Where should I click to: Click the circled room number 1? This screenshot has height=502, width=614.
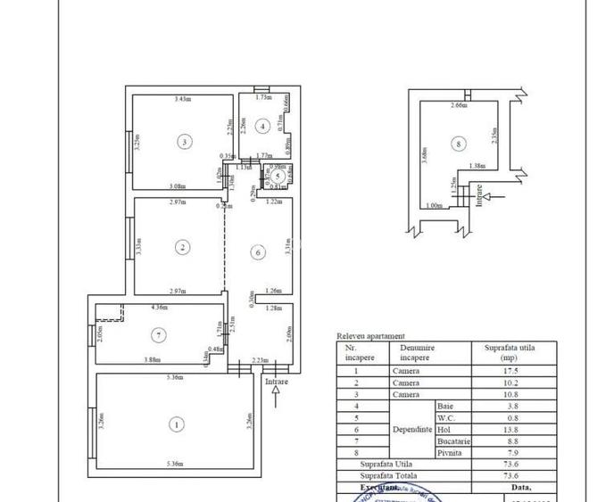pyautogui.click(x=177, y=424)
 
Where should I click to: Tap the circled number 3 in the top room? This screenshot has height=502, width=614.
pyautogui.click(x=183, y=141)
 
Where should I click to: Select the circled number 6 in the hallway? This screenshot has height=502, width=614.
pyautogui.click(x=257, y=252)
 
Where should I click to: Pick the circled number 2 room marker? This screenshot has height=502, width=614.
pyautogui.click(x=181, y=247)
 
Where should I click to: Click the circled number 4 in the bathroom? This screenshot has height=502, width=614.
pyautogui.click(x=261, y=126)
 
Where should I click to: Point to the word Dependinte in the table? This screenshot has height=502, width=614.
pyautogui.click(x=411, y=429)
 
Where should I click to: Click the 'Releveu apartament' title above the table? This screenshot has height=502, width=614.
pyautogui.click(x=369, y=335)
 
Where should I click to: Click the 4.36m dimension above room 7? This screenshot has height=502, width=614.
pyautogui.click(x=160, y=308)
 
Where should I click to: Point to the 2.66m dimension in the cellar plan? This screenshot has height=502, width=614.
pyautogui.click(x=459, y=106)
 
